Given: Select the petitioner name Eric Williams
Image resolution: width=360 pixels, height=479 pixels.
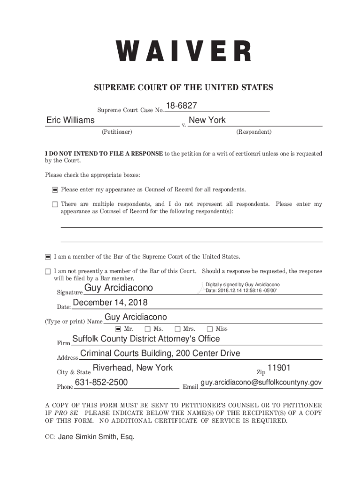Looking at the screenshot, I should point(71,120).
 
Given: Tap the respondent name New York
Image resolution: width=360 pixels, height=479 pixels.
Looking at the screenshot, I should point(207,120).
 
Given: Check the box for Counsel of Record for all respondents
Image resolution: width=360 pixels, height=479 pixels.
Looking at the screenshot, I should point(55,190).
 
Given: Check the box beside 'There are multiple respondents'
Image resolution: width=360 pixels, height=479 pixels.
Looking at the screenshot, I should point(55,204).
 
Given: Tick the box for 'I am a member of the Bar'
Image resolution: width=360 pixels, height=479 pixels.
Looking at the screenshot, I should point(48,257).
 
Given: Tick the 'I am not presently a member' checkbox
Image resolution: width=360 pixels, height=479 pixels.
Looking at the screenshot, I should point(48,271).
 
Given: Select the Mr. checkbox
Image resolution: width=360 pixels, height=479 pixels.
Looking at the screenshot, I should point(118,329).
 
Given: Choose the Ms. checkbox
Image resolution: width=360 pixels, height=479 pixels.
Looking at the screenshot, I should point(148,329).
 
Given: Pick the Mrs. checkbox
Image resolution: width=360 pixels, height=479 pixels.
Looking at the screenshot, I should point(178,329).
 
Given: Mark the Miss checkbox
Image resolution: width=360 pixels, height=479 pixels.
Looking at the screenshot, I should point(210,329).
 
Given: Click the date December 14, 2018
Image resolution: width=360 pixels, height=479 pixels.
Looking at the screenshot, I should point(110,303).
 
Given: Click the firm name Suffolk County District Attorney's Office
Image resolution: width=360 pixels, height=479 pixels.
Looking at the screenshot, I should point(146,339).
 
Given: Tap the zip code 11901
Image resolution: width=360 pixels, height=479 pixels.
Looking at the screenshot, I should point(279,368).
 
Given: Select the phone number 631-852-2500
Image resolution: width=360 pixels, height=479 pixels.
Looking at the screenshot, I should point(101,383).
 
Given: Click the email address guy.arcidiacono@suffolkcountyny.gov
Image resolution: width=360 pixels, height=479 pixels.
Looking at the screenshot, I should point(261,383).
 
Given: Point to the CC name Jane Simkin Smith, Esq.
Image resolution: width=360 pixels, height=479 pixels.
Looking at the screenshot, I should point(95,437).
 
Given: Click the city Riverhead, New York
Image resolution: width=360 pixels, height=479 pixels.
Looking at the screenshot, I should point(133,368).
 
